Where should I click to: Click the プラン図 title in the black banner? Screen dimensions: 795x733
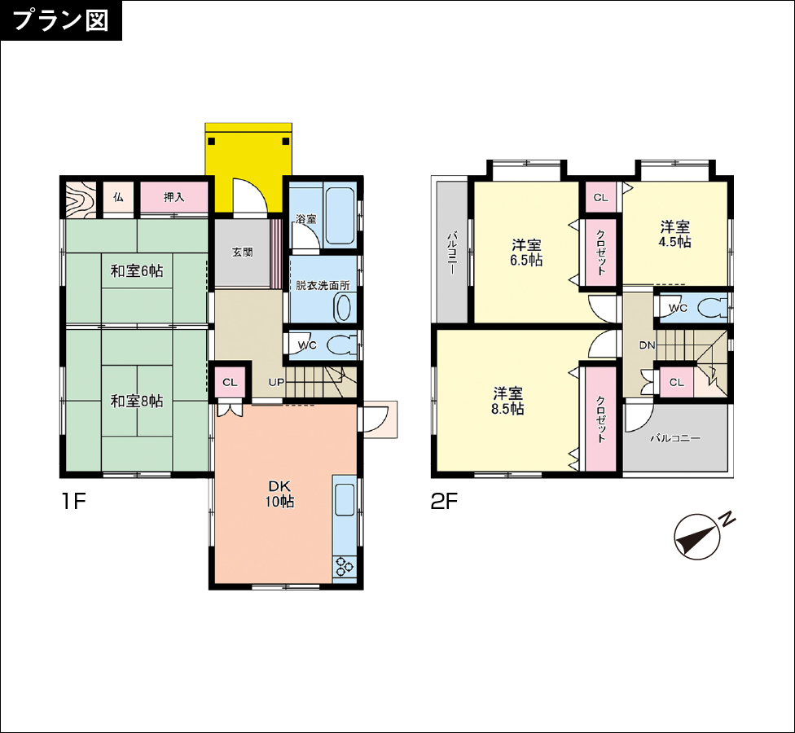(60, 20)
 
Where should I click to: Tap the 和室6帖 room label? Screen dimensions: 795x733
(137, 271)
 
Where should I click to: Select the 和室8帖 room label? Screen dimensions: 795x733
(137, 402)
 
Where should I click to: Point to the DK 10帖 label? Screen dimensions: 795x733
(279, 494)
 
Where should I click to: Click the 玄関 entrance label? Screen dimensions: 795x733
(243, 252)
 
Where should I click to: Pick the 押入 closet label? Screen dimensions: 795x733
(174, 197)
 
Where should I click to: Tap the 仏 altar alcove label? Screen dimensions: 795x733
(118, 197)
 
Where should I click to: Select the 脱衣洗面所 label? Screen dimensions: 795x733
(323, 285)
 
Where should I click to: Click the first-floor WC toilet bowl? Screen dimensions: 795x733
(342, 345)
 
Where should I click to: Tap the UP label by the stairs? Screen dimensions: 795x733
(276, 382)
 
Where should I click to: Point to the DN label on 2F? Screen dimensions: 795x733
(647, 345)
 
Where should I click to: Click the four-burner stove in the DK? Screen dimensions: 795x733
(345, 566)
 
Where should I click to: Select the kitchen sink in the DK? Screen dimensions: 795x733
(345, 499)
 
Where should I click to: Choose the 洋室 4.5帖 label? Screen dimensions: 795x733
(674, 234)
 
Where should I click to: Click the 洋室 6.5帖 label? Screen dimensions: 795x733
(526, 252)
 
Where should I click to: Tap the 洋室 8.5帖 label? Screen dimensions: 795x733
(507, 401)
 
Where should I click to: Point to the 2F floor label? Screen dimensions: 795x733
(444, 502)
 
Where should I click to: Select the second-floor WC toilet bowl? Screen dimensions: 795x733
(713, 308)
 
